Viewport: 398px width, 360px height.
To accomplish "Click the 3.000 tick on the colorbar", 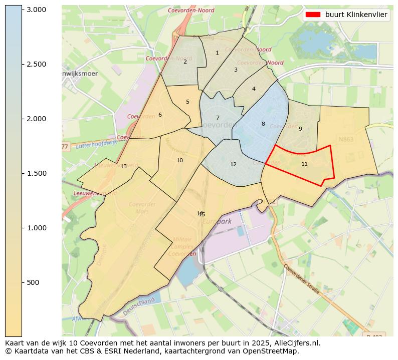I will coord(36,10).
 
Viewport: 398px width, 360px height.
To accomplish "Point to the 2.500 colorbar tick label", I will coord(36,64).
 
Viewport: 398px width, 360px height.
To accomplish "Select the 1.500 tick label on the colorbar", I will coord(36,173).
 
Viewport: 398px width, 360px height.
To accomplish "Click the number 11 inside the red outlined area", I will coord(304,164).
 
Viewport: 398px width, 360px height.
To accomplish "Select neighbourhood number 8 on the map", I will coord(263,124).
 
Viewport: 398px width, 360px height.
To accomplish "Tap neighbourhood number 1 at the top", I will coord(217,53).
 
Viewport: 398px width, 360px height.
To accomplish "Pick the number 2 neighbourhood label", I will coord(185,62).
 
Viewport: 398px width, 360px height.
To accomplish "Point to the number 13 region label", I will coord(123,167).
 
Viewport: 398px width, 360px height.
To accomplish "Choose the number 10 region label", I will coord(179,161).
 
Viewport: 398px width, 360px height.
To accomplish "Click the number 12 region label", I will coord(233,165).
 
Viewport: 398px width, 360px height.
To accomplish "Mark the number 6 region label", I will coord(160,115).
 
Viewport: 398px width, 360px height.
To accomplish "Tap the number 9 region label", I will coord(300,129).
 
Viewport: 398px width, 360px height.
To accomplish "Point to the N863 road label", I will coord(346,139).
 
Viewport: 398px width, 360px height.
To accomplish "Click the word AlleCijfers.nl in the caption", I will coord(291,343).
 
